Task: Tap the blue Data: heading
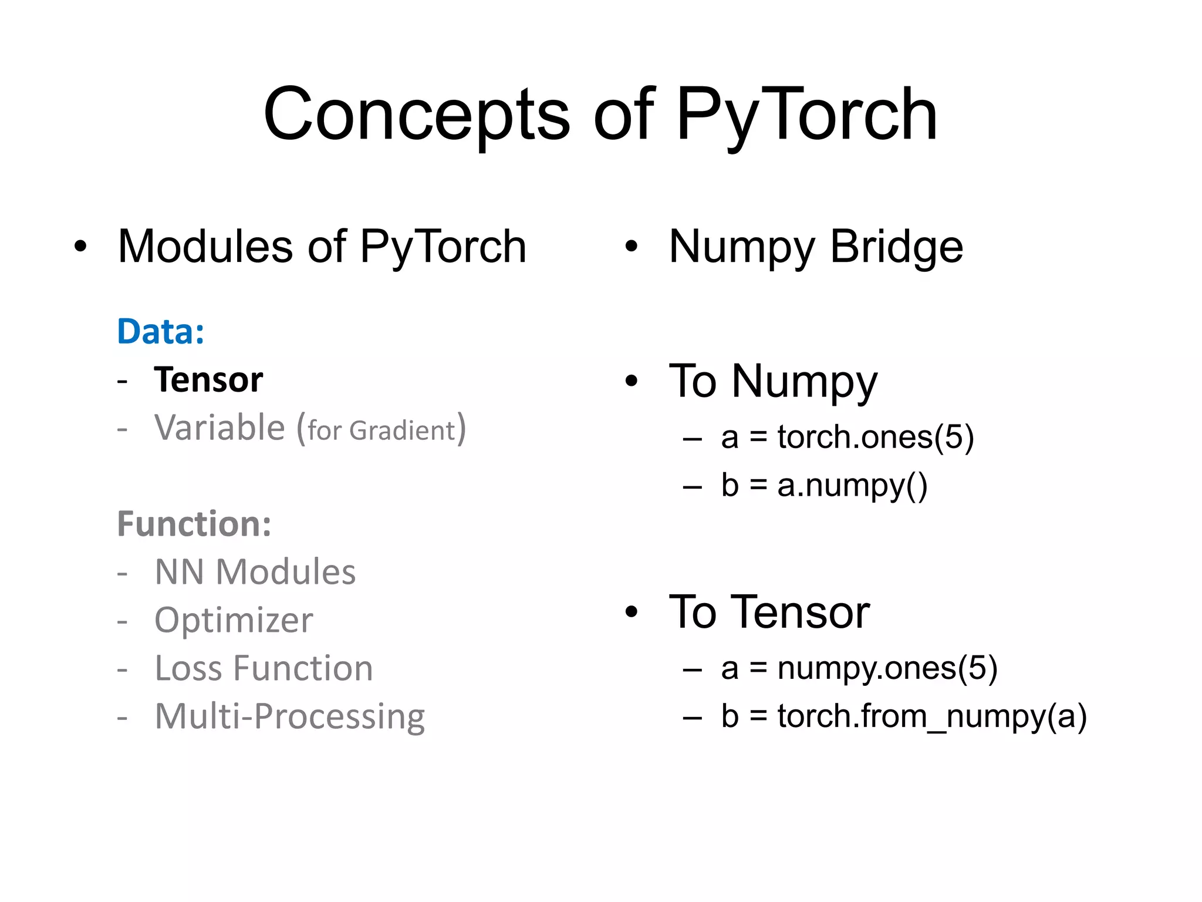tap(161, 332)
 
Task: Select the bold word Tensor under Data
tap(208, 380)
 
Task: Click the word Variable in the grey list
tap(220, 428)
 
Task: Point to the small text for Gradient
tap(381, 430)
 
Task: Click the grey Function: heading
tap(194, 524)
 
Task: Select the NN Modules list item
tap(255, 572)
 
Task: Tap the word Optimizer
tap(234, 620)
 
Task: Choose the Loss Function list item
tap(264, 668)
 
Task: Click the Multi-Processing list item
tap(289, 716)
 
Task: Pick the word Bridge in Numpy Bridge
tap(896, 247)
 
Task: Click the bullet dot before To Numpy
tap(631, 381)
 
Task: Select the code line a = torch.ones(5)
tap(847, 437)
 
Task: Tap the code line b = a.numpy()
tap(824, 486)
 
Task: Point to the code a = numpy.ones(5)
tap(859, 668)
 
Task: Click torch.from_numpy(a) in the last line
tap(931, 716)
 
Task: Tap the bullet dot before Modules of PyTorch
tap(80, 247)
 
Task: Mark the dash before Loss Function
tap(122, 669)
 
